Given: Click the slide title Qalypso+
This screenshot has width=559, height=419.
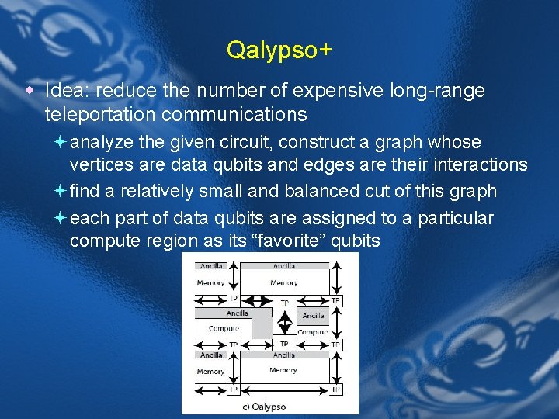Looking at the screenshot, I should click(279, 50).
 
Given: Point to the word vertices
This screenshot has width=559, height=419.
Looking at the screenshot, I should click(100, 164).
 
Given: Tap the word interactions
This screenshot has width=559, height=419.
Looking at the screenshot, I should click(478, 164).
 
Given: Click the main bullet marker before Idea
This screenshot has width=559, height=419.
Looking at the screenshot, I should click(30, 91).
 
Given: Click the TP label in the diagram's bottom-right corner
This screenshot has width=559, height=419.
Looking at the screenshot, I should click(335, 389).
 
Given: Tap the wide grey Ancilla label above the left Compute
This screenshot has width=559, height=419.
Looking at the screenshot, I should click(237, 313).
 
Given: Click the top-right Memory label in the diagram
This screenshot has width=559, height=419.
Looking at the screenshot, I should click(283, 282).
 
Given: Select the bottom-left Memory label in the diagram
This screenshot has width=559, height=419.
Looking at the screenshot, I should click(210, 371).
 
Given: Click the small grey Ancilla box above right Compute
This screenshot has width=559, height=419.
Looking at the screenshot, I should click(314, 316).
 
